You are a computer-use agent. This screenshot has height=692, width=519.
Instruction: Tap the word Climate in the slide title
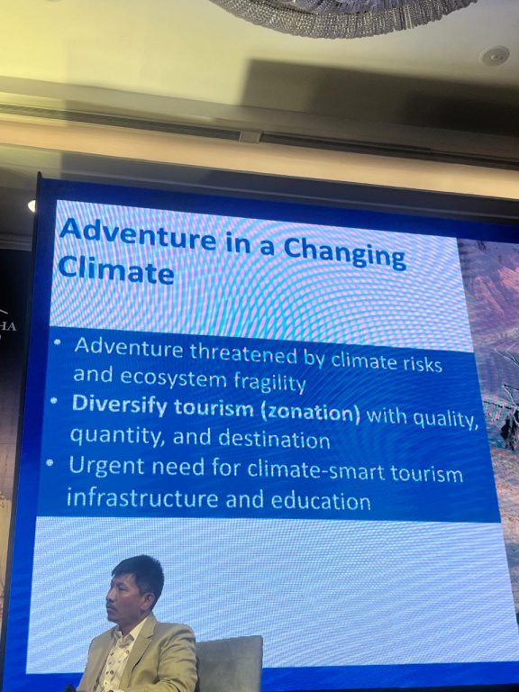click(115, 269)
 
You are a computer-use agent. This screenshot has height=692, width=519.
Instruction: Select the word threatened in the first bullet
click(243, 353)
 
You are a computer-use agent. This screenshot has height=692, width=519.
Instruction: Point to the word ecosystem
click(173, 378)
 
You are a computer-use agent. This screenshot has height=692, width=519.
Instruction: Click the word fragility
click(269, 381)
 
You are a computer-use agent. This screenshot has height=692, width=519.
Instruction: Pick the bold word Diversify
click(120, 405)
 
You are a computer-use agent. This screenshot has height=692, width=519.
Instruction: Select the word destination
click(274, 439)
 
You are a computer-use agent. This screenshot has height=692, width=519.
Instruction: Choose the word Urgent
click(106, 466)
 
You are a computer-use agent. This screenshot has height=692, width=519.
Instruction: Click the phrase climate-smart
click(316, 470)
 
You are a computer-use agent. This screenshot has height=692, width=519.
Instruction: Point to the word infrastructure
click(142, 498)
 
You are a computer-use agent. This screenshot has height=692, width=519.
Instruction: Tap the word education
click(321, 501)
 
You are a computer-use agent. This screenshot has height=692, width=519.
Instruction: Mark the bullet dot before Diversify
click(54, 402)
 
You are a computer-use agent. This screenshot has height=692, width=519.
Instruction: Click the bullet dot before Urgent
click(50, 463)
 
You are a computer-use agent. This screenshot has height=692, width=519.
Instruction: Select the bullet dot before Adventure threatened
click(58, 342)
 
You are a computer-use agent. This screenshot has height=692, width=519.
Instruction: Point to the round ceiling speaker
click(495, 56)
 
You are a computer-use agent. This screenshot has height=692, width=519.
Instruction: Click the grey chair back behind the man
click(229, 662)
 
